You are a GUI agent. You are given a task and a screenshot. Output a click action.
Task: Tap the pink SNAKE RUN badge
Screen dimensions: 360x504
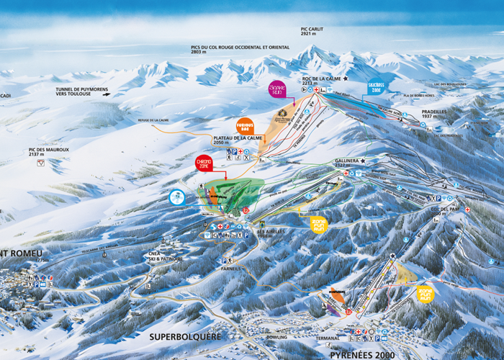click(277, 90)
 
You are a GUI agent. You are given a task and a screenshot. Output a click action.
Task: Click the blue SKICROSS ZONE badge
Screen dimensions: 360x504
click(376, 88)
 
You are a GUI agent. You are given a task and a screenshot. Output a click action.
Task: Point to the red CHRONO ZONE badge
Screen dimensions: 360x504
click(204, 163)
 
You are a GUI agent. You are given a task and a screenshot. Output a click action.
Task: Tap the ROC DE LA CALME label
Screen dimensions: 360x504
click(320, 79)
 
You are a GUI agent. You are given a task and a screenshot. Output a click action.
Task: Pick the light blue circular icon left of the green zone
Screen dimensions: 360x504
click(176, 197)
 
